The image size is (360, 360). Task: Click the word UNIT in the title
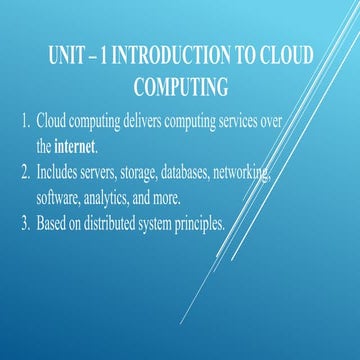(66, 55)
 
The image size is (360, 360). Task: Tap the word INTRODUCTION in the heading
(171, 55)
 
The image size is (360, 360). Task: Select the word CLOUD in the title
(286, 55)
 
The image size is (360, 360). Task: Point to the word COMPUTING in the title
(181, 86)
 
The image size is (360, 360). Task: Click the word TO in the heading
(245, 55)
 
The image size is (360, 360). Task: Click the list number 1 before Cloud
(26, 121)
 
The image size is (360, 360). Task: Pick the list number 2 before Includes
(26, 173)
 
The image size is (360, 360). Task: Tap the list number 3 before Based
(26, 224)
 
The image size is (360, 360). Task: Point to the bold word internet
(75, 147)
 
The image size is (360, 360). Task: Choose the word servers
(98, 173)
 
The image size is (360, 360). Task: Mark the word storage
(139, 174)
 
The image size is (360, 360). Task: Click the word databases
(186, 173)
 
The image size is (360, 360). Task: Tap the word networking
(241, 174)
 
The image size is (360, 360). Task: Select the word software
(58, 199)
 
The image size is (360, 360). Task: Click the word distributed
(118, 224)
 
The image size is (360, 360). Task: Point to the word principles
(200, 225)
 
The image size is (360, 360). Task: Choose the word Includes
(57, 173)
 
